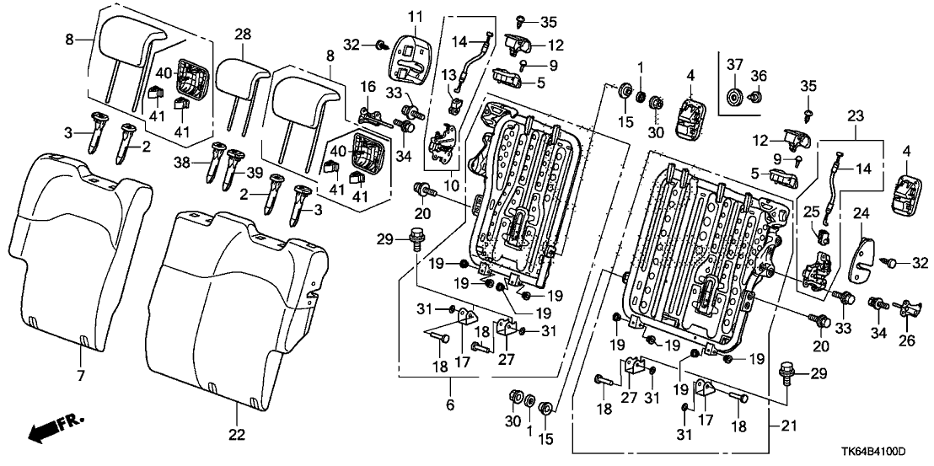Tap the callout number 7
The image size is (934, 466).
pyautogui.click(x=81, y=375)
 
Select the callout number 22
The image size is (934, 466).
pyautogui.click(x=238, y=435)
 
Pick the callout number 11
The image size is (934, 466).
pyautogui.click(x=415, y=17)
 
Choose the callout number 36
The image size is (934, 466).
pyautogui.click(x=758, y=77)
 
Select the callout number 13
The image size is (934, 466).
pyautogui.click(x=447, y=74)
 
